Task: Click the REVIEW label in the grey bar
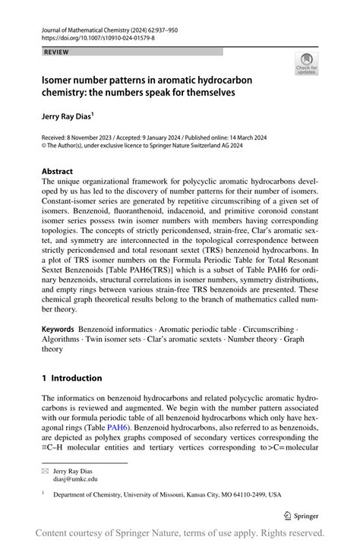click(56, 52)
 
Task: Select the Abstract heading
click(58, 172)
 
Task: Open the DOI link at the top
click(98, 37)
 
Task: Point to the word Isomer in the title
click(58, 80)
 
